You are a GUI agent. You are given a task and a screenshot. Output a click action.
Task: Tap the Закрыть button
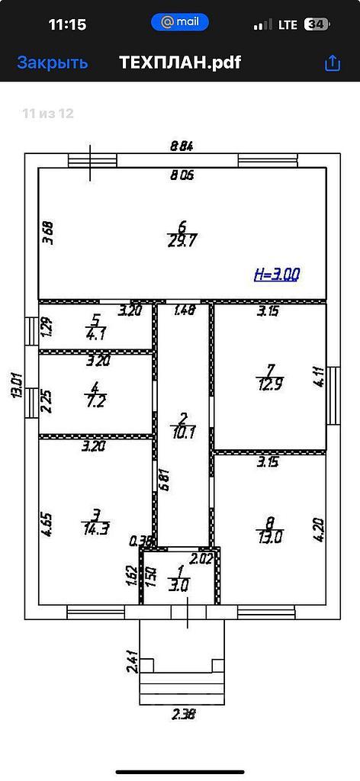click(53, 63)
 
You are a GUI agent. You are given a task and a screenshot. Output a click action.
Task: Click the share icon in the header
click(332, 63)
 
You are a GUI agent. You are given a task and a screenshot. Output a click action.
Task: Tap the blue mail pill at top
click(180, 22)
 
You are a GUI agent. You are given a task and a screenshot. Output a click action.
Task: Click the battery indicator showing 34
click(318, 24)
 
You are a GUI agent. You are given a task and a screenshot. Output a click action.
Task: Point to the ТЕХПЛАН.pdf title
click(180, 63)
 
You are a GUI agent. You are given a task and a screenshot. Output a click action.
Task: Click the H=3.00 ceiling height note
click(277, 274)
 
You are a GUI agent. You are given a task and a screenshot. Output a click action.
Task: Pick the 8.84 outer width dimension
click(182, 146)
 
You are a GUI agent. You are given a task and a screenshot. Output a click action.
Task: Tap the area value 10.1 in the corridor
click(183, 432)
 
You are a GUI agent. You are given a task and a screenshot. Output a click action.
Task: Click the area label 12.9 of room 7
click(270, 385)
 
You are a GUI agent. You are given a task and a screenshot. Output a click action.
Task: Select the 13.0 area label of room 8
click(270, 538)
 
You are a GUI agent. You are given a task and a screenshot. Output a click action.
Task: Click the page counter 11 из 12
click(48, 114)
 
